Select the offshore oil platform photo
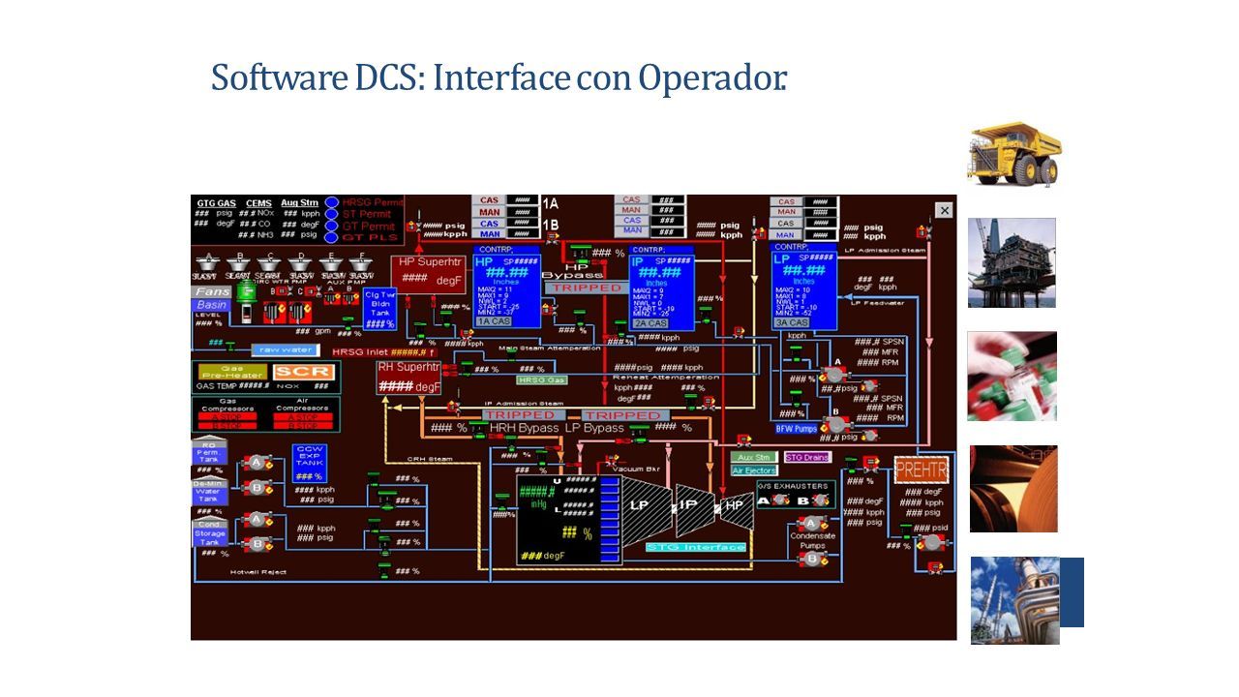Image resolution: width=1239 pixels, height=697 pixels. point(1012,262)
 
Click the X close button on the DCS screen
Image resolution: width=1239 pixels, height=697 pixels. point(944,210)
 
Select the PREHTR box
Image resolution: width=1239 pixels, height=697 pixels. point(921,470)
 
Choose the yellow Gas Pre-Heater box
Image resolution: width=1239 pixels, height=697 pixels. point(231,372)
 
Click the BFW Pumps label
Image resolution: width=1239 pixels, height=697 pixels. point(798,428)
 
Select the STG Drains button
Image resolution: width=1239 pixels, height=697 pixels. point(806,457)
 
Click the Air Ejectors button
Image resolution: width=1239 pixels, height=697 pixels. point(754,470)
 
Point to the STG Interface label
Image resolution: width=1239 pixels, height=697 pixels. point(696,547)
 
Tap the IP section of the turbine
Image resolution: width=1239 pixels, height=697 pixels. point(689,504)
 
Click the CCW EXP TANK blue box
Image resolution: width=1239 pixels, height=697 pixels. point(309,463)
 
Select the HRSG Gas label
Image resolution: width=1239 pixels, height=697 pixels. point(540,380)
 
